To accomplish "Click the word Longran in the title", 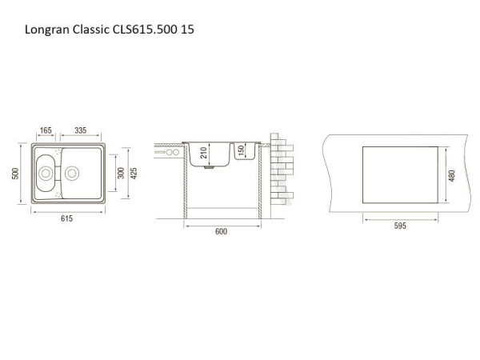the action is click(47, 30).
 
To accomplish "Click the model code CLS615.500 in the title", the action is click(145, 30).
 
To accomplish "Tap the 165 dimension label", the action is click(46, 130).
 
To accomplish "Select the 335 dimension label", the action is click(81, 130).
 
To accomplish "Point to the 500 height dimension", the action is click(15, 174).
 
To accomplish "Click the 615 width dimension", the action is click(66, 218).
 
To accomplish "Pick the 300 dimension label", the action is click(122, 174).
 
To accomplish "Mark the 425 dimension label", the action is click(134, 174).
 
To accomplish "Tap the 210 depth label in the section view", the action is click(203, 153).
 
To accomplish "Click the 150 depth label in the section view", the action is click(241, 150).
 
